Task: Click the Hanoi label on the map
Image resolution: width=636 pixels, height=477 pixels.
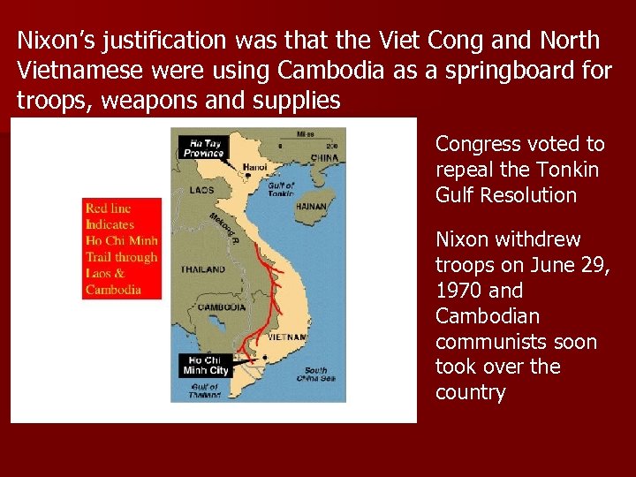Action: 256,166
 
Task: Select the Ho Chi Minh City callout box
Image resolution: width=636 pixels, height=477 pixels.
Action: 206,365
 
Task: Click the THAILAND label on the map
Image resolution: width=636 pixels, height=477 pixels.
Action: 202,269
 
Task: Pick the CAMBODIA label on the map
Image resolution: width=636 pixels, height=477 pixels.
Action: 222,307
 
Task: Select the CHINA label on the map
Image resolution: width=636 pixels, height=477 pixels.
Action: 325,159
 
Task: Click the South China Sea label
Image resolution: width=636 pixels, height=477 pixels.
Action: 315,374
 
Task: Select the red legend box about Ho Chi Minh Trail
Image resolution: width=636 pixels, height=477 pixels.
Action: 122,249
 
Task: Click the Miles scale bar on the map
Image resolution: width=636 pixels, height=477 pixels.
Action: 306,140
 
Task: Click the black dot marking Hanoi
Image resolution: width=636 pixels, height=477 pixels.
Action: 249,175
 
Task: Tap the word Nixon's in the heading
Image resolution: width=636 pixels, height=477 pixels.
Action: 57,41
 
